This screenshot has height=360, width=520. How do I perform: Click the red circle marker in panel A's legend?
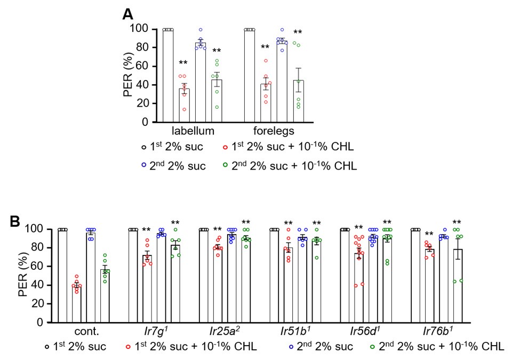227,146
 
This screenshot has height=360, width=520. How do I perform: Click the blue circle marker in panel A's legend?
145,165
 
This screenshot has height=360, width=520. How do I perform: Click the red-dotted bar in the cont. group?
77,304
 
